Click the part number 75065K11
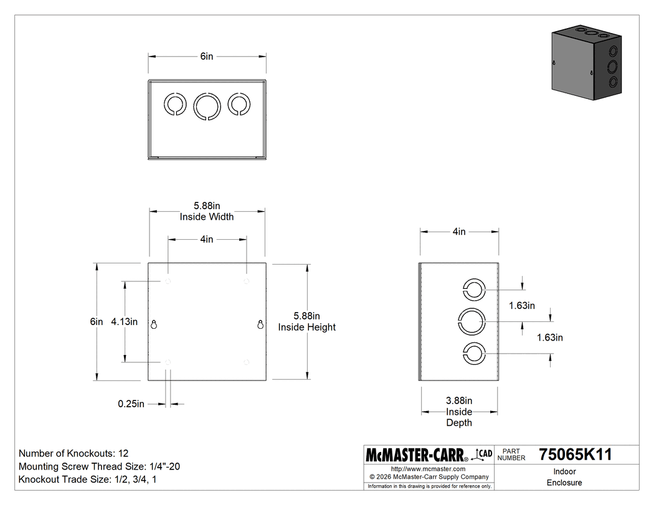pyautogui.click(x=575, y=455)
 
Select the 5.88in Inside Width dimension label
pyautogui.click(x=207, y=212)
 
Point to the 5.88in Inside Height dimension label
pyautogui.click(x=306, y=322)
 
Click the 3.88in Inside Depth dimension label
pyautogui.click(x=459, y=412)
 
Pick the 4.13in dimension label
pyautogui.click(x=124, y=322)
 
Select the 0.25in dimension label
pyautogui.click(x=131, y=404)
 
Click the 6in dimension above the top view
pyautogui.click(x=207, y=57)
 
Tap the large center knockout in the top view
pyautogui.click(x=207, y=105)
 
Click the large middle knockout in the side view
pyautogui.click(x=472, y=322)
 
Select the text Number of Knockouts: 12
pyautogui.click(x=73, y=453)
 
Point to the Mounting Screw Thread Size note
pyautogui.click(x=100, y=466)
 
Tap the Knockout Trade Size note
pyautogui.click(x=87, y=479)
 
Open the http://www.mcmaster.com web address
pyautogui.click(x=428, y=469)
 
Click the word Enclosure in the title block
pyautogui.click(x=564, y=483)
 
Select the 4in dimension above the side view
pyautogui.click(x=459, y=232)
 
